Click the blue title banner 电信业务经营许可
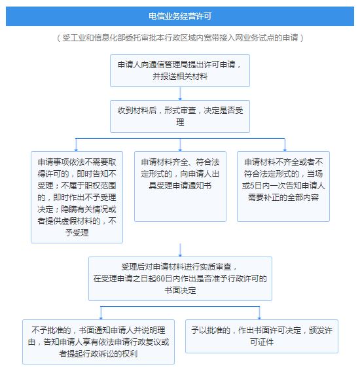coord(180,16)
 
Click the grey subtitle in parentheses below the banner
coord(180,37)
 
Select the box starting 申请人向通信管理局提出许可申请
coord(180,71)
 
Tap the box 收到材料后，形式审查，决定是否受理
coord(180,116)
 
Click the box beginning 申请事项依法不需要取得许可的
coord(77,197)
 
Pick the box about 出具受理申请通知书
coord(180,186)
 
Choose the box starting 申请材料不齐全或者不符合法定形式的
coord(283,186)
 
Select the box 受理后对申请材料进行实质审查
coord(180,279)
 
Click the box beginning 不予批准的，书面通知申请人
coord(98,342)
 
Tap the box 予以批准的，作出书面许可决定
coord(262,336)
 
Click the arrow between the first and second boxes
coord(180,94)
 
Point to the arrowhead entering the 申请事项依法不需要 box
coord(76,150)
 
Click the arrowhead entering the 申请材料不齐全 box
coord(285,150)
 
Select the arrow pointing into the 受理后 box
coord(180,250)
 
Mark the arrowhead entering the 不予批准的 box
coord(101,318)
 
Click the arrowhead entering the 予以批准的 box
coord(259,318)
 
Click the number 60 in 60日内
coord(160,279)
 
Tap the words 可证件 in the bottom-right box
coord(262,342)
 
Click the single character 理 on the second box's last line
coord(180,122)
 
